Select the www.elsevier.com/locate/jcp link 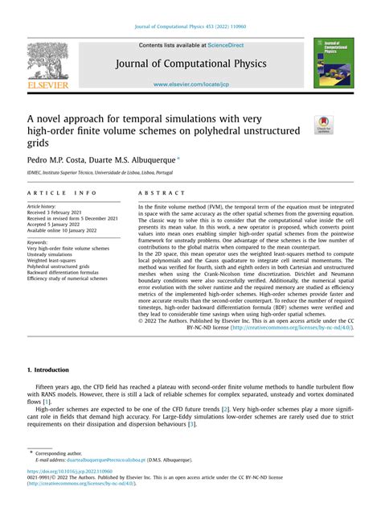pos(190,84)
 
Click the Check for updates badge pos(325,125)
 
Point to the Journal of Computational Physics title pos(190,64)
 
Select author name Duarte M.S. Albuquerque pos(141,161)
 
